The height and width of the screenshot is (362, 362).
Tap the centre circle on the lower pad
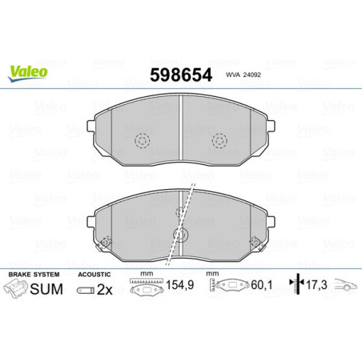(182, 235)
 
